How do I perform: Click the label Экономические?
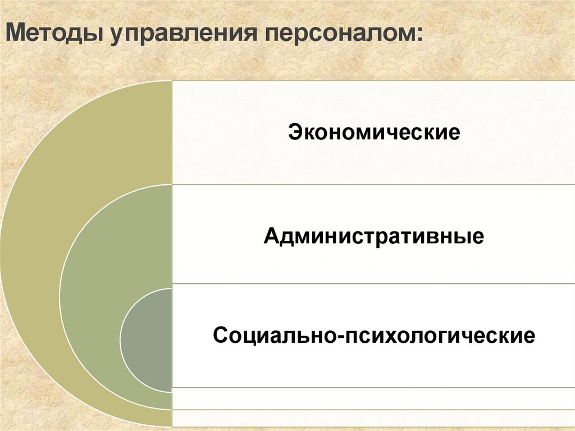[374, 134]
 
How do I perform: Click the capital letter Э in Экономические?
[294, 134]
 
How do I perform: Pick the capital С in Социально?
[220, 337]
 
